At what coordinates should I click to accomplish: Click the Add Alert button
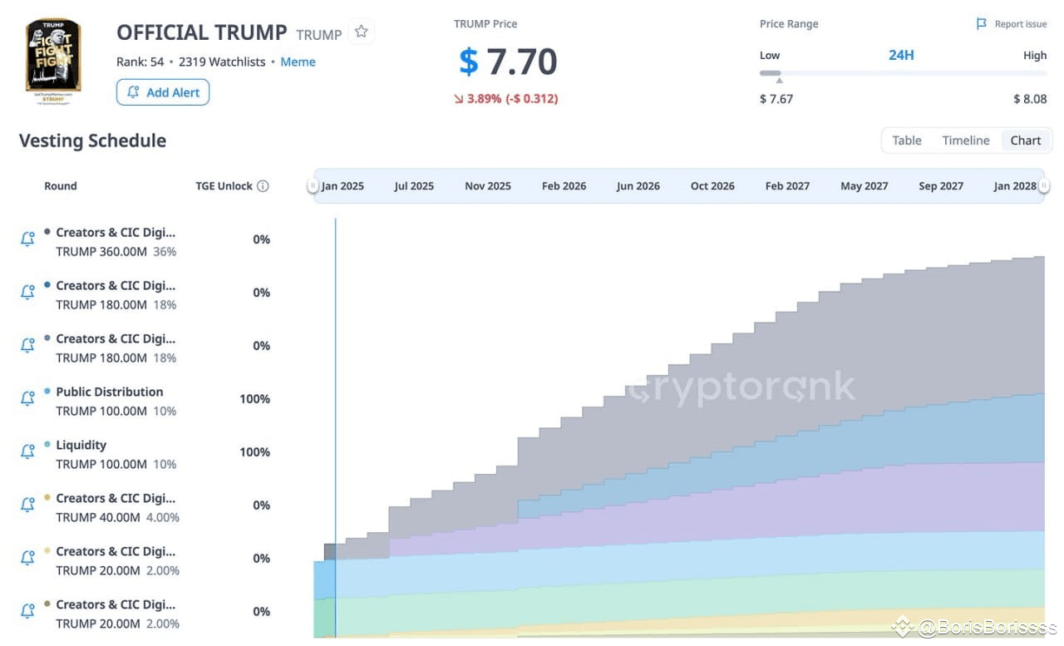tap(163, 92)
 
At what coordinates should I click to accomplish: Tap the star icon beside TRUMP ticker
tap(361, 32)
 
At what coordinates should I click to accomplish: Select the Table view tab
tap(906, 141)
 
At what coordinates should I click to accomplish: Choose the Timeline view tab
tap(965, 141)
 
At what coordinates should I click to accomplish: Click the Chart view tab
tap(1025, 141)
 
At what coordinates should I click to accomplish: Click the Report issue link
tap(1012, 24)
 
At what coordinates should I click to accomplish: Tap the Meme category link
tap(298, 62)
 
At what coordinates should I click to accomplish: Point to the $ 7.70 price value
tap(508, 62)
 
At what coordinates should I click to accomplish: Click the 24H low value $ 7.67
tap(776, 99)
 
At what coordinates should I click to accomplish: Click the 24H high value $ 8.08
tap(1029, 99)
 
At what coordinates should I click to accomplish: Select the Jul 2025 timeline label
tap(414, 186)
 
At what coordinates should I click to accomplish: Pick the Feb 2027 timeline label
tap(787, 186)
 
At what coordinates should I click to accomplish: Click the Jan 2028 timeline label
tap(1015, 186)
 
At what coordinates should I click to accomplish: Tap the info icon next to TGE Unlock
tap(263, 186)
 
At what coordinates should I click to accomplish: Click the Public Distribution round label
tap(109, 392)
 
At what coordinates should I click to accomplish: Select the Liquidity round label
tap(81, 445)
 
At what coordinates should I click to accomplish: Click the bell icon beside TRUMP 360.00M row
tap(27, 239)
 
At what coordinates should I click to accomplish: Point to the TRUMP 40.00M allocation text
tap(101, 517)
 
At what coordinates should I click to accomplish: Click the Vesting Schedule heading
tap(92, 141)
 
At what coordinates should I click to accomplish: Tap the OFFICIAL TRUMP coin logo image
tap(53, 57)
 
